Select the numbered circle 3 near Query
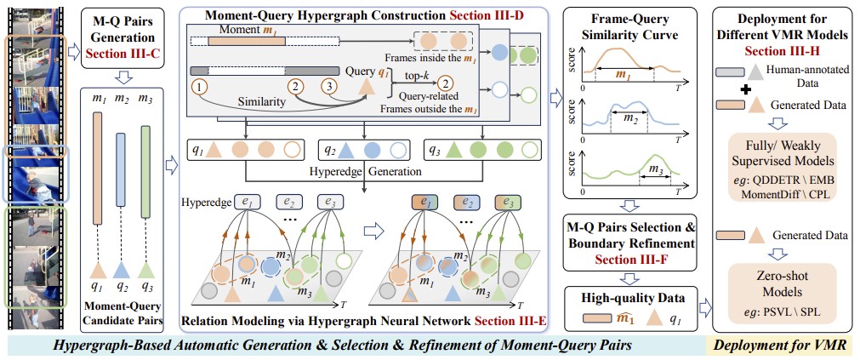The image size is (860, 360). click(x=327, y=86)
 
